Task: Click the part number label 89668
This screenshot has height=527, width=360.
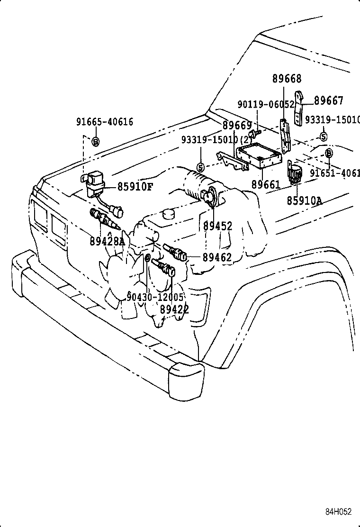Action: [x=287, y=79]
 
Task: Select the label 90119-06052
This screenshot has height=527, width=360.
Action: [x=266, y=104]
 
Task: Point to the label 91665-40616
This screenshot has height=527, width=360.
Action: [x=105, y=122]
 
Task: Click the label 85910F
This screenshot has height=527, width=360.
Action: [x=135, y=187]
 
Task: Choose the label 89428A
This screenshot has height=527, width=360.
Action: [x=107, y=241]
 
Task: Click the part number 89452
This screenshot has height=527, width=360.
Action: [x=217, y=227]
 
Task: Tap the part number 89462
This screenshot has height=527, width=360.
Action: [x=217, y=258]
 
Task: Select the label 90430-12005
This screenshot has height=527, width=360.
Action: [x=155, y=297]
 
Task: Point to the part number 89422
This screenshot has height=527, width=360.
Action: [x=174, y=309]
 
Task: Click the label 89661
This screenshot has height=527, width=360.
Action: [x=266, y=184]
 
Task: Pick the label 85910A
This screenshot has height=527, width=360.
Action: [x=304, y=200]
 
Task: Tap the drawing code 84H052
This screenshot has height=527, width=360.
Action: [x=338, y=511]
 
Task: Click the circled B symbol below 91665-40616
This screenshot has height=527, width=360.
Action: [x=95, y=141]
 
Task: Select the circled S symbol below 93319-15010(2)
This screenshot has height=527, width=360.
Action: [x=200, y=167]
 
